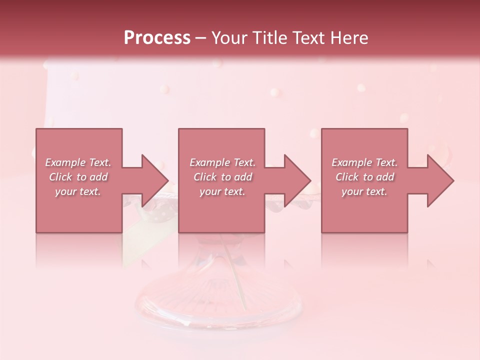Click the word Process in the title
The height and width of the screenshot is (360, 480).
pos(157,38)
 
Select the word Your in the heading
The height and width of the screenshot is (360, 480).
pos(228,38)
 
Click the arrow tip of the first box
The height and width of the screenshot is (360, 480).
pos(167,180)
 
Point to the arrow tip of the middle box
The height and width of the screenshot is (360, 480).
pos(310,180)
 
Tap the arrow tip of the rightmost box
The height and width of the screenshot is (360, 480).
pos(452,180)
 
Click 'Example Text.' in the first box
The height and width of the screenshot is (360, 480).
pos(78,162)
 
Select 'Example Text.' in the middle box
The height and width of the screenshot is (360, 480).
pos(222,162)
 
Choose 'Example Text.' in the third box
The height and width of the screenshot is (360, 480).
pos(364,162)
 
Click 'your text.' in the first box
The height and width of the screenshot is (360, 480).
pos(78,191)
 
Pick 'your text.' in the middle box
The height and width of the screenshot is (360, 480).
pos(222,191)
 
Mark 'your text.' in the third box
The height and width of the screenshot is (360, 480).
pos(364,191)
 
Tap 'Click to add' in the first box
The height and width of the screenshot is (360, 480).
pos(78,177)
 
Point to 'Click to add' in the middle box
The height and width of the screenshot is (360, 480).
pos(222,177)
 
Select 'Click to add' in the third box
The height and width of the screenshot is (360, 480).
pos(364,177)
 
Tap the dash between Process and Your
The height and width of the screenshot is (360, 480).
pos(200,38)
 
